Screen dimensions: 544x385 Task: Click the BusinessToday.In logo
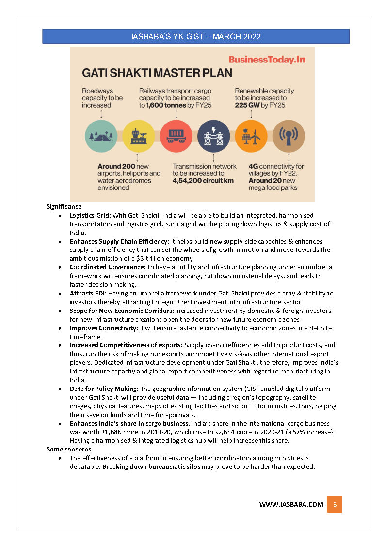[267, 60]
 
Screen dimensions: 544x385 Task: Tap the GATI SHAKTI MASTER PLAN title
[157, 73]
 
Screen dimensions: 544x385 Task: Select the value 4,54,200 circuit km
[203, 181]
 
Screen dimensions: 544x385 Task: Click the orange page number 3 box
[335, 504]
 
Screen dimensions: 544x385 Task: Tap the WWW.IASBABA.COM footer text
[291, 504]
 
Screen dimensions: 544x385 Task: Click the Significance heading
[64, 206]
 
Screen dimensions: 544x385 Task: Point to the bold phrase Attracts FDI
[88, 293]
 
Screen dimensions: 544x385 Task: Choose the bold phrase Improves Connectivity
[104, 328]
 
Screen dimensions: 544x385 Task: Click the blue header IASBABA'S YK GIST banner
[196, 36]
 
